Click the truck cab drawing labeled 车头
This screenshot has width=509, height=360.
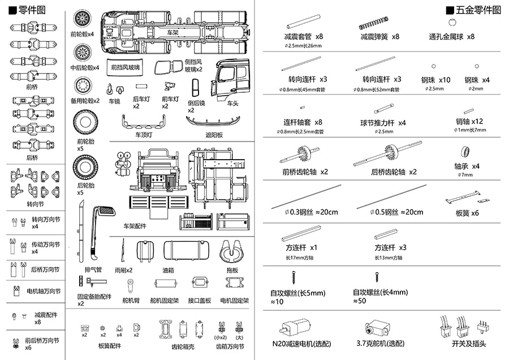(232, 80)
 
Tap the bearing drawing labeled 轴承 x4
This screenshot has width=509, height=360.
(467, 152)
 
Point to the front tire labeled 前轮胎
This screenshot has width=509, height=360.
(85, 122)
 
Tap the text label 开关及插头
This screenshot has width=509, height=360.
(469, 344)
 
